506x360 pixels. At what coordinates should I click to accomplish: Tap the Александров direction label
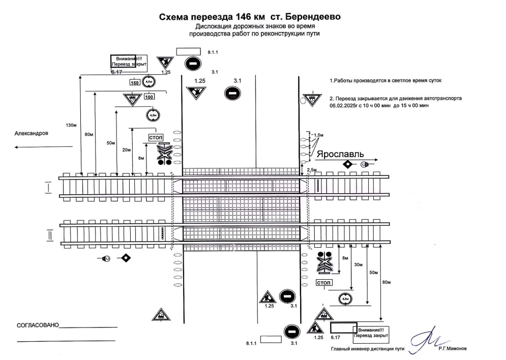(32, 133)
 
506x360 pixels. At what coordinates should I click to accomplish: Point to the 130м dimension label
(71, 125)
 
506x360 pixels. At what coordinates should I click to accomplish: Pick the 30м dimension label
(359, 264)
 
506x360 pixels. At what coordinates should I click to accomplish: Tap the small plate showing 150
(134, 82)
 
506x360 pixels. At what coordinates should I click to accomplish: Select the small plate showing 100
(149, 97)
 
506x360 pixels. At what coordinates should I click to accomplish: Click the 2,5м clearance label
(312, 169)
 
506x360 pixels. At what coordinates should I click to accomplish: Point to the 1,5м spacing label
(318, 135)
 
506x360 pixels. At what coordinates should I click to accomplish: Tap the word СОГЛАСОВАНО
(38, 324)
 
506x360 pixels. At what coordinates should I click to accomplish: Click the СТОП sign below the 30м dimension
(323, 283)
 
